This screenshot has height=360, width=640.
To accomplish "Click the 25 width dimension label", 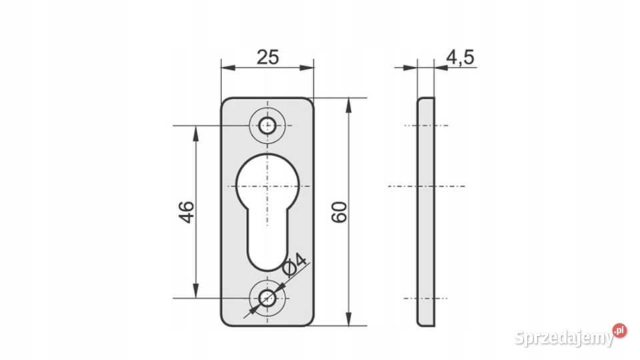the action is coord(268,57).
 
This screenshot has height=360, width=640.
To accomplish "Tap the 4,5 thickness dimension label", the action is coord(461,57).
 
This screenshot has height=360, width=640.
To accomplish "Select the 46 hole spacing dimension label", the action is coord(187,211).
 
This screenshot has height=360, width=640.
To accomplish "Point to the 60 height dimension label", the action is coord(339,211).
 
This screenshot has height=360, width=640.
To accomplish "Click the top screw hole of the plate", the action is coord(267,125).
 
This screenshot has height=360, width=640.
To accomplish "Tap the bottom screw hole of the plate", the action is coord(267,299).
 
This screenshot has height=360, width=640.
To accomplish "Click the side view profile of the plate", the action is coord(426,212).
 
